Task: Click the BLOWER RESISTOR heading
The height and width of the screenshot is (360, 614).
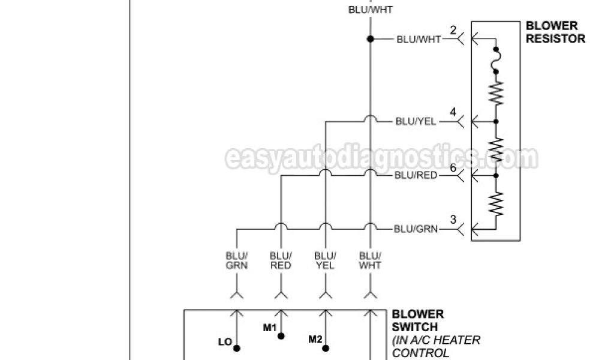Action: pos(555,32)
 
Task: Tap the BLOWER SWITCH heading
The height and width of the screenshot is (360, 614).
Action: pos(418,321)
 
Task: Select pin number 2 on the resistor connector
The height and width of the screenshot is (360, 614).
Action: pos(453,30)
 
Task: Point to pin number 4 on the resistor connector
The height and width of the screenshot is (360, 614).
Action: pos(453,112)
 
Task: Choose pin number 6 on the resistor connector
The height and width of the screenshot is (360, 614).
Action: pos(453,167)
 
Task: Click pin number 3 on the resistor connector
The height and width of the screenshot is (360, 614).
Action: pos(453,220)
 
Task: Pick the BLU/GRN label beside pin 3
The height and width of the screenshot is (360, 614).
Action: pos(416,229)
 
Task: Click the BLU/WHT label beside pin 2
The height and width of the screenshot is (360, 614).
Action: pos(419,40)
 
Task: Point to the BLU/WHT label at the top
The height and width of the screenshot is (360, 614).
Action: pos(371,10)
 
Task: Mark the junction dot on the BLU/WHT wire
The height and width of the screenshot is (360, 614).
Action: pos(371,39)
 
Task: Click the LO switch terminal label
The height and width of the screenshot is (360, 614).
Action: pos(225,342)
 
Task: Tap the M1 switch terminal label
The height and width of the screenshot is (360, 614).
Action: pos(270,327)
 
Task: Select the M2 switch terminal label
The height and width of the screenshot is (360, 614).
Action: pos(315,340)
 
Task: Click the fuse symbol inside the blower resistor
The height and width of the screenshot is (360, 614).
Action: pos(496,59)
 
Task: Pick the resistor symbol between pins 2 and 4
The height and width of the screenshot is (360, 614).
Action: pos(496,94)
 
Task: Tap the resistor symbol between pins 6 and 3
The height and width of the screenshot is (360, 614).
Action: pos(496,203)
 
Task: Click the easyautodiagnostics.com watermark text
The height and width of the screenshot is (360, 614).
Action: pos(381,159)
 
